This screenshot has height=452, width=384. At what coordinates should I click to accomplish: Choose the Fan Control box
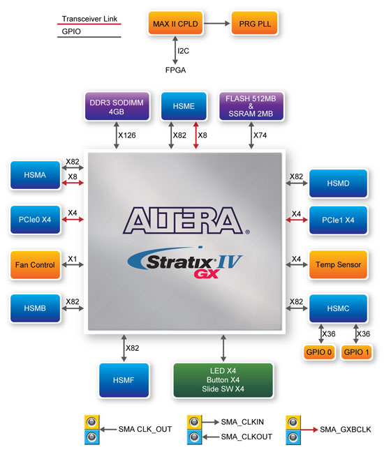(x=33, y=264)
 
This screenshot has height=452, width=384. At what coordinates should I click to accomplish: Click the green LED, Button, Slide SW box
(x=223, y=379)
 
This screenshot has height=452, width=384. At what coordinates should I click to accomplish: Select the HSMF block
(x=122, y=379)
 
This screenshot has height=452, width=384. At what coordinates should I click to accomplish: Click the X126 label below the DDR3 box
(x=127, y=135)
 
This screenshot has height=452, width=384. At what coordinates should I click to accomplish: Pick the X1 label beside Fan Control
(x=72, y=258)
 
